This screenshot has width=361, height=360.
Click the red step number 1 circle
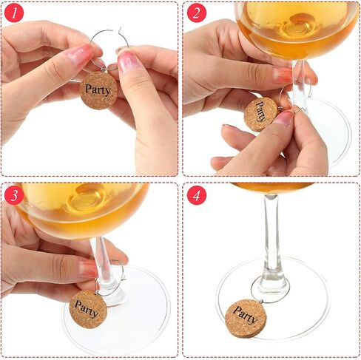pyautogui.click(x=14, y=13)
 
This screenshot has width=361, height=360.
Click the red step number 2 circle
pyautogui.click(x=197, y=13)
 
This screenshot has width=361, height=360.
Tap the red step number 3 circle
pyautogui.click(x=14, y=195)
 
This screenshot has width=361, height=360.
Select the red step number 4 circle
pyautogui.click(x=197, y=195)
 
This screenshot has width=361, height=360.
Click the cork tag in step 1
pyautogui.click(x=98, y=90)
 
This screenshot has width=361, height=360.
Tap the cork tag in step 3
pyautogui.click(x=88, y=309)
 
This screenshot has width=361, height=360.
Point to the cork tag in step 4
pyautogui.click(x=246, y=319)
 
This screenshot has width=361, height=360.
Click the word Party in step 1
pyautogui.click(x=98, y=89)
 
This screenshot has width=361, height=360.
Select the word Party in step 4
pyautogui.click(x=246, y=315)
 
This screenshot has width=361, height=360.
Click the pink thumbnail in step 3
pyautogui.click(x=87, y=269)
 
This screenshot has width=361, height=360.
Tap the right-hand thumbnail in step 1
pyautogui.click(x=128, y=61)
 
